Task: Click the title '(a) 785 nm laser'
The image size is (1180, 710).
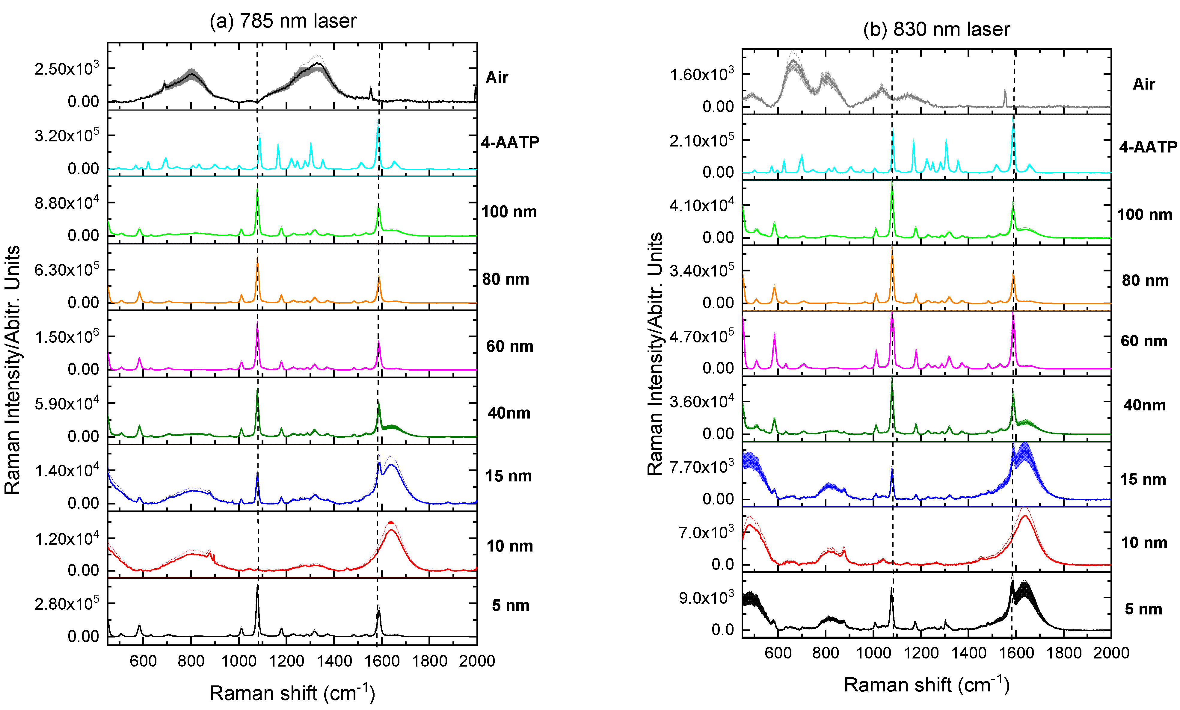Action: (283, 21)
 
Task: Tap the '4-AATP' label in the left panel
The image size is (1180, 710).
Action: (510, 142)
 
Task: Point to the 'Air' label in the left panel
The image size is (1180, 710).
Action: (497, 78)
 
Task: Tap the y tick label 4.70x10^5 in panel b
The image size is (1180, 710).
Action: (701, 337)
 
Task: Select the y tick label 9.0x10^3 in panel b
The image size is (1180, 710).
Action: (706, 598)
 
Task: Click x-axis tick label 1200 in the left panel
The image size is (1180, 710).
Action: (286, 661)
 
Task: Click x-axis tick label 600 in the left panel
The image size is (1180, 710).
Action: (143, 661)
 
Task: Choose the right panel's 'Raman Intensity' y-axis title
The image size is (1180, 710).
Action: (655, 354)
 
